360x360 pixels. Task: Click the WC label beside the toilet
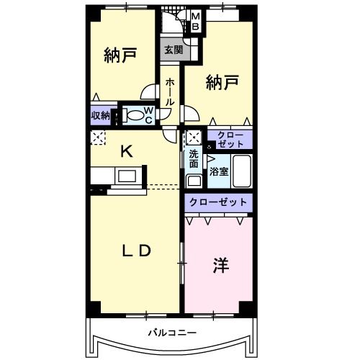tap(148, 115)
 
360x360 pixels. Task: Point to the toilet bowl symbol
tap(132, 115)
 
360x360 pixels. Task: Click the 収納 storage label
tap(100, 115)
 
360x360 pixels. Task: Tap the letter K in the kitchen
tap(126, 151)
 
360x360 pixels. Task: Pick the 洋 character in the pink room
tap(220, 265)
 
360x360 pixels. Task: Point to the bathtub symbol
tap(241, 171)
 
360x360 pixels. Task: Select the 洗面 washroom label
tap(194, 158)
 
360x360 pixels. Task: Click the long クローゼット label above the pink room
tap(218, 202)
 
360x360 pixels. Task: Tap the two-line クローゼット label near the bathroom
tap(230, 140)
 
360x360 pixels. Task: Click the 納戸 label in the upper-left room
tap(120, 56)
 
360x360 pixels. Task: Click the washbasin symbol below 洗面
tap(193, 180)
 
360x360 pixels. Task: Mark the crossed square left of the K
tap(98, 138)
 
